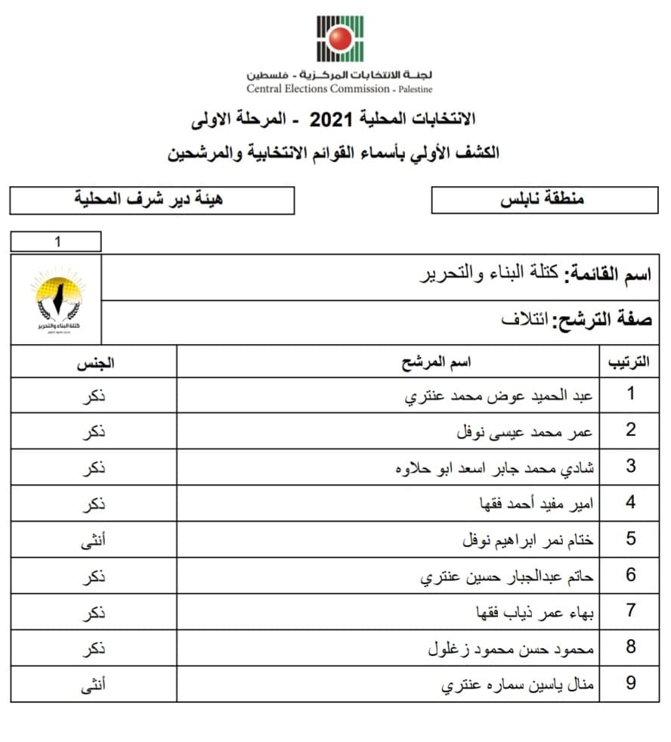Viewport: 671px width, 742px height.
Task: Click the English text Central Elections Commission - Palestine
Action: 339,88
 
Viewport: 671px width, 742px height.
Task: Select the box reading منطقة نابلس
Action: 544,200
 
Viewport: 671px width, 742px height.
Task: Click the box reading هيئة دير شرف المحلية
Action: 152,200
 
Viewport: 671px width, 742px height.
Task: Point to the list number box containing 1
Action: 56,242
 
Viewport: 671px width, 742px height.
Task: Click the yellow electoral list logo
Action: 56,300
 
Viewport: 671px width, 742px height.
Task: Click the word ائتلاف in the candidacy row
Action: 524,318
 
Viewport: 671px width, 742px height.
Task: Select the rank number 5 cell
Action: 631,539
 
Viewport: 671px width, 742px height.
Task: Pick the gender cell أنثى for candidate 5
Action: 94,540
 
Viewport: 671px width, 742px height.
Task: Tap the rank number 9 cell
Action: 631,684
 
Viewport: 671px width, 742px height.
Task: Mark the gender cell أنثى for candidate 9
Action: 94,685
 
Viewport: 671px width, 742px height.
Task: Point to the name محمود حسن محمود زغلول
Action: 512,648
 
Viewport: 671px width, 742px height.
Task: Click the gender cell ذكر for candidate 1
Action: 94,396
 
